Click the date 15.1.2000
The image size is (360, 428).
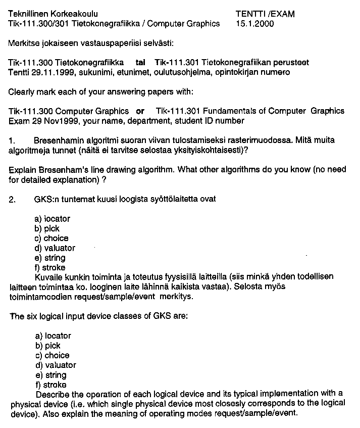254,24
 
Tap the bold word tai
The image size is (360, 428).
141,62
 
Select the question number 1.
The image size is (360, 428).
12,139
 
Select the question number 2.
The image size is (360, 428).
12,199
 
